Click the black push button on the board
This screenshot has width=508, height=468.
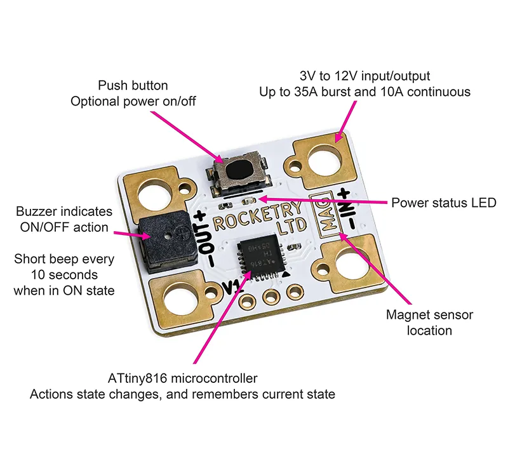tap(241, 171)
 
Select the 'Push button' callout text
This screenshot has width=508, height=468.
tap(133, 85)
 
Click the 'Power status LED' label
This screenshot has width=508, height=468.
tap(443, 203)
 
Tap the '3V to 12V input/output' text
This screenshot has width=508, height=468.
tap(364, 76)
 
